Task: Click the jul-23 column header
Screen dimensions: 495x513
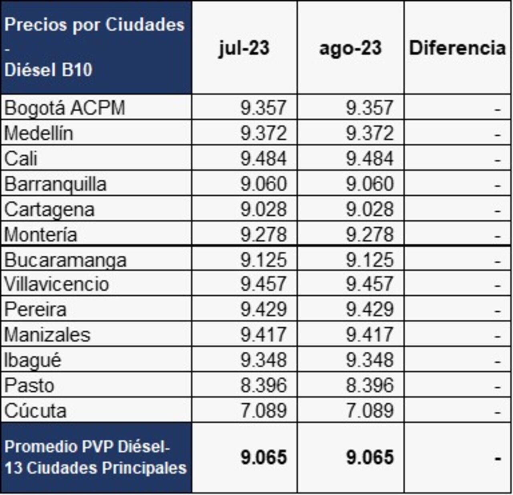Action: click(244, 48)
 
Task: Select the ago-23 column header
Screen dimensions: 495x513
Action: click(350, 48)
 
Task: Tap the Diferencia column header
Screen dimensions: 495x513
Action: click(457, 48)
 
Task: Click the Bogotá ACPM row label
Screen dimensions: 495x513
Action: click(65, 108)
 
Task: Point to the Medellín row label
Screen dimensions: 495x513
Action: click(39, 133)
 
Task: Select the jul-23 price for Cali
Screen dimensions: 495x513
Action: click(263, 158)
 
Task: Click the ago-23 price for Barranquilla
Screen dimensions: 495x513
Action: click(370, 184)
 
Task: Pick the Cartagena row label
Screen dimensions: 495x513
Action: click(50, 209)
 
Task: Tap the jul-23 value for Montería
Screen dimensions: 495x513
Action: click(263, 234)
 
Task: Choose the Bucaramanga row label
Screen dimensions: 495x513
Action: click(66, 260)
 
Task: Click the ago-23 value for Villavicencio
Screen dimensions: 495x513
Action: click(370, 284)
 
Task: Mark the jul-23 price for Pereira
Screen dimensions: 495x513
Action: click(263, 309)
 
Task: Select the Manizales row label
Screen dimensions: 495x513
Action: click(47, 335)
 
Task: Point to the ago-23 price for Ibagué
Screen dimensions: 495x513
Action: click(370, 360)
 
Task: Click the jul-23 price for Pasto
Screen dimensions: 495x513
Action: click(263, 385)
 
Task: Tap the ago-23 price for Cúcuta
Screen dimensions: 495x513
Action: click(370, 411)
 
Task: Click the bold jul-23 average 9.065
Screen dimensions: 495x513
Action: click(263, 457)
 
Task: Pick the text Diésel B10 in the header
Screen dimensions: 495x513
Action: click(48, 70)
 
